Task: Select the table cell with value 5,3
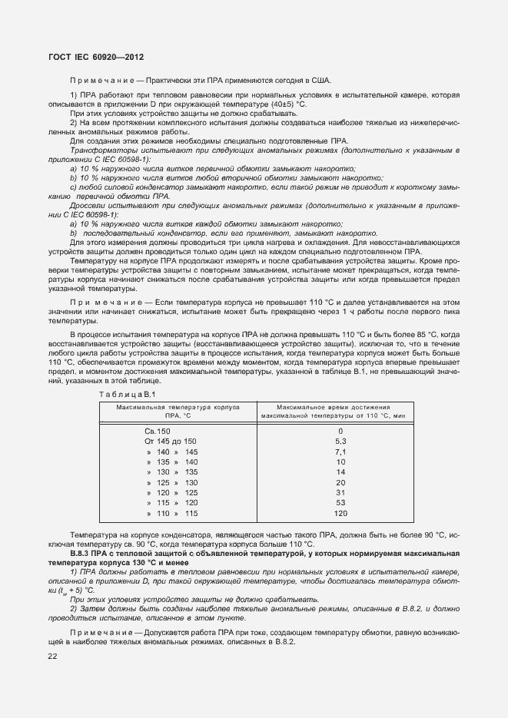[x=340, y=442]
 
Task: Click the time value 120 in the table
[x=340, y=513]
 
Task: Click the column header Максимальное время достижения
[x=333, y=407]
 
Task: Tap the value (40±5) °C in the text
[x=287, y=104]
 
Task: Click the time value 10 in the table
[x=340, y=462]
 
